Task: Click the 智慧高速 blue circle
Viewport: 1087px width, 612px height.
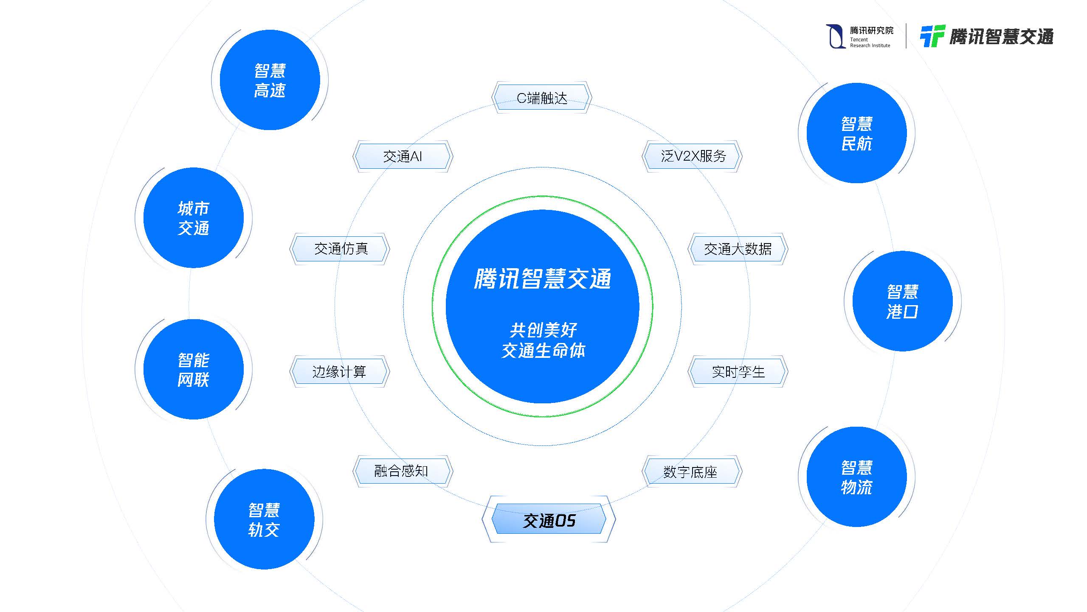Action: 270,80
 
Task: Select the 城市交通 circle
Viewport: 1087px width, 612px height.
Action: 194,218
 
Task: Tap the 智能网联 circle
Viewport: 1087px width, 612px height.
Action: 194,369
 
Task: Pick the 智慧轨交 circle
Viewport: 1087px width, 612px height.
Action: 264,519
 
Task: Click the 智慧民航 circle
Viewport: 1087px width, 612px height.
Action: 856,133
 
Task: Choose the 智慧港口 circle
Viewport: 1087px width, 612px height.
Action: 902,301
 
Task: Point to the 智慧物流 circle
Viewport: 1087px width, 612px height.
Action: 856,477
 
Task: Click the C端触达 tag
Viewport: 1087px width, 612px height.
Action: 542,98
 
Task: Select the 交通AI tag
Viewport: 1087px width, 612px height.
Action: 403,156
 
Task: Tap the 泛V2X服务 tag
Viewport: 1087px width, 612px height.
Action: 693,156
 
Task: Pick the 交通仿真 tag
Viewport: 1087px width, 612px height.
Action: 340,249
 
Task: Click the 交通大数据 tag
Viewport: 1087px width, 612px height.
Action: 738,249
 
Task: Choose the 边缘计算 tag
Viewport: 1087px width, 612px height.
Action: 339,371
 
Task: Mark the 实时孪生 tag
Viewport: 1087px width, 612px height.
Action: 738,371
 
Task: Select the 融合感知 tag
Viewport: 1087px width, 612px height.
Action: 402,471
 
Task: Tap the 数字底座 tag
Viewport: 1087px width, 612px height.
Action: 691,472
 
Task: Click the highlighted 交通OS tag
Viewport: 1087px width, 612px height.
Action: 549,520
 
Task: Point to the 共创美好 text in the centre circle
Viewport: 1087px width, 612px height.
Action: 543,329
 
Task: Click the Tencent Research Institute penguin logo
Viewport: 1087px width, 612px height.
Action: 835,37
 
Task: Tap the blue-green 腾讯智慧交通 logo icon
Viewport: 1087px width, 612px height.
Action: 932,36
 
